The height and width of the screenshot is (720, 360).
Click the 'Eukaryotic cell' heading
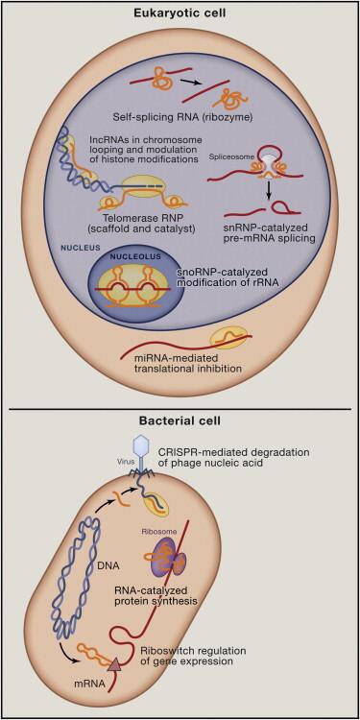click(180, 13)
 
